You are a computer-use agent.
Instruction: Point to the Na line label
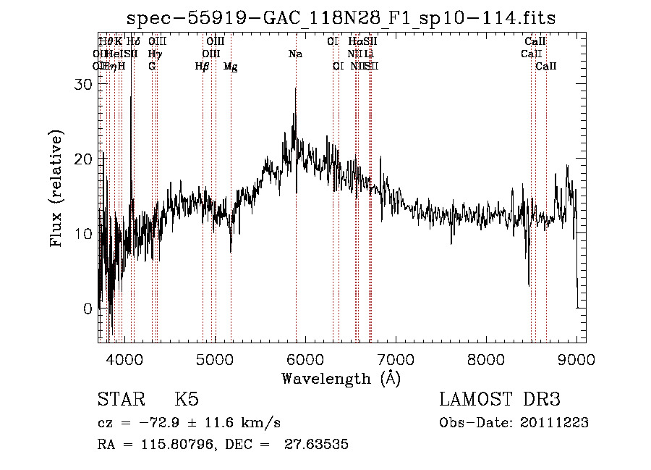[295, 54]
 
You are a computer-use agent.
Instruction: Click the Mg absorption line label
[230, 67]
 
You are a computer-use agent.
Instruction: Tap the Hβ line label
[203, 67]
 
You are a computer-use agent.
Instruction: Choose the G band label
[152, 67]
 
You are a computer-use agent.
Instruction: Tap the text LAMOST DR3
[500, 400]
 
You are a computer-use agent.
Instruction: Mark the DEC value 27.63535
[318, 445]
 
